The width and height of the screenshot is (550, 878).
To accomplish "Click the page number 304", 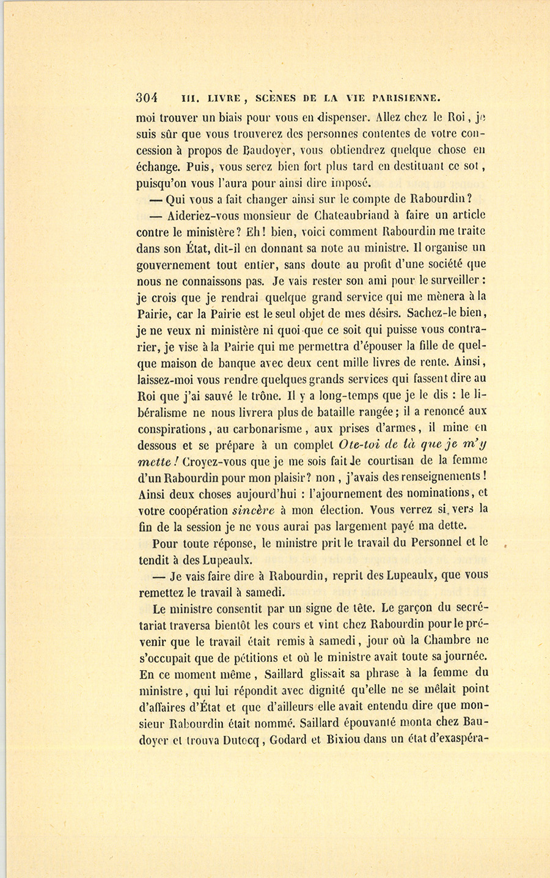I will tap(147, 98).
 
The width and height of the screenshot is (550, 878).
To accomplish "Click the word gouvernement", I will tap(173, 265).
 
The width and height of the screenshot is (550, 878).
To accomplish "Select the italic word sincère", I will tap(255, 509).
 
